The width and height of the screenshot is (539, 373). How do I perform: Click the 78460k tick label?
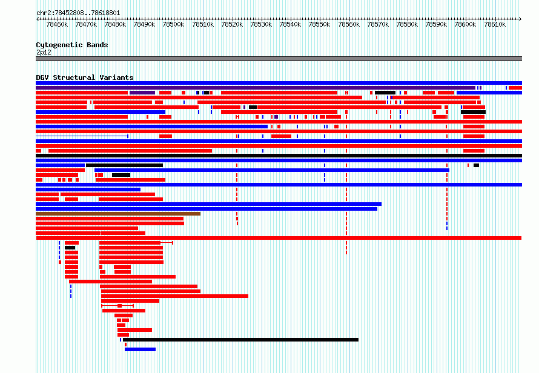(x=57, y=24)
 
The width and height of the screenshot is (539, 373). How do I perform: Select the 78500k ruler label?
(x=173, y=24)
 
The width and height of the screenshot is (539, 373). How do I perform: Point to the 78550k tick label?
(x=319, y=24)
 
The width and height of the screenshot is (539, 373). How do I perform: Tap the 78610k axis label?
(x=495, y=24)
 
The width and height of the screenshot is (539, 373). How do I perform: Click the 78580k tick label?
(x=407, y=24)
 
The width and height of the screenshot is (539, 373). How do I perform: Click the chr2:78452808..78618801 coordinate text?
(x=78, y=13)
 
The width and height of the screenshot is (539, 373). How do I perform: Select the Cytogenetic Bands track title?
(x=72, y=45)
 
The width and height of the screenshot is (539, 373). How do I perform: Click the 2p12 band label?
(x=44, y=52)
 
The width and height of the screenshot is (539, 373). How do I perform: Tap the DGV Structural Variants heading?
(x=85, y=78)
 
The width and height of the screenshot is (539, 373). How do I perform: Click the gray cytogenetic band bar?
(x=279, y=59)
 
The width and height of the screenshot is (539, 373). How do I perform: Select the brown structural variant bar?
(x=118, y=214)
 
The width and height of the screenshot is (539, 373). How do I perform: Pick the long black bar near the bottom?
(x=240, y=340)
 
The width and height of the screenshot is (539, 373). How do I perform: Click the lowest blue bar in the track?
(x=141, y=349)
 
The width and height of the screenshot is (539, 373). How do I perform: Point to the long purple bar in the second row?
(x=256, y=88)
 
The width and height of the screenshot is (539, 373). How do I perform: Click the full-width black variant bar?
(x=279, y=156)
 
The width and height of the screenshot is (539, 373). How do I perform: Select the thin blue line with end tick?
(x=82, y=136)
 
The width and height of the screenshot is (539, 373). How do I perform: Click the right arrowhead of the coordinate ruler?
(x=520, y=19)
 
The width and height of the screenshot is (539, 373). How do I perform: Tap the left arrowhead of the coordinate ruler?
(x=38, y=19)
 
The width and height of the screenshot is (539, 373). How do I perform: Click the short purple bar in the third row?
(x=142, y=93)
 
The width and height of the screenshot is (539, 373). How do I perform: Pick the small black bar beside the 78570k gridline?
(x=385, y=93)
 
